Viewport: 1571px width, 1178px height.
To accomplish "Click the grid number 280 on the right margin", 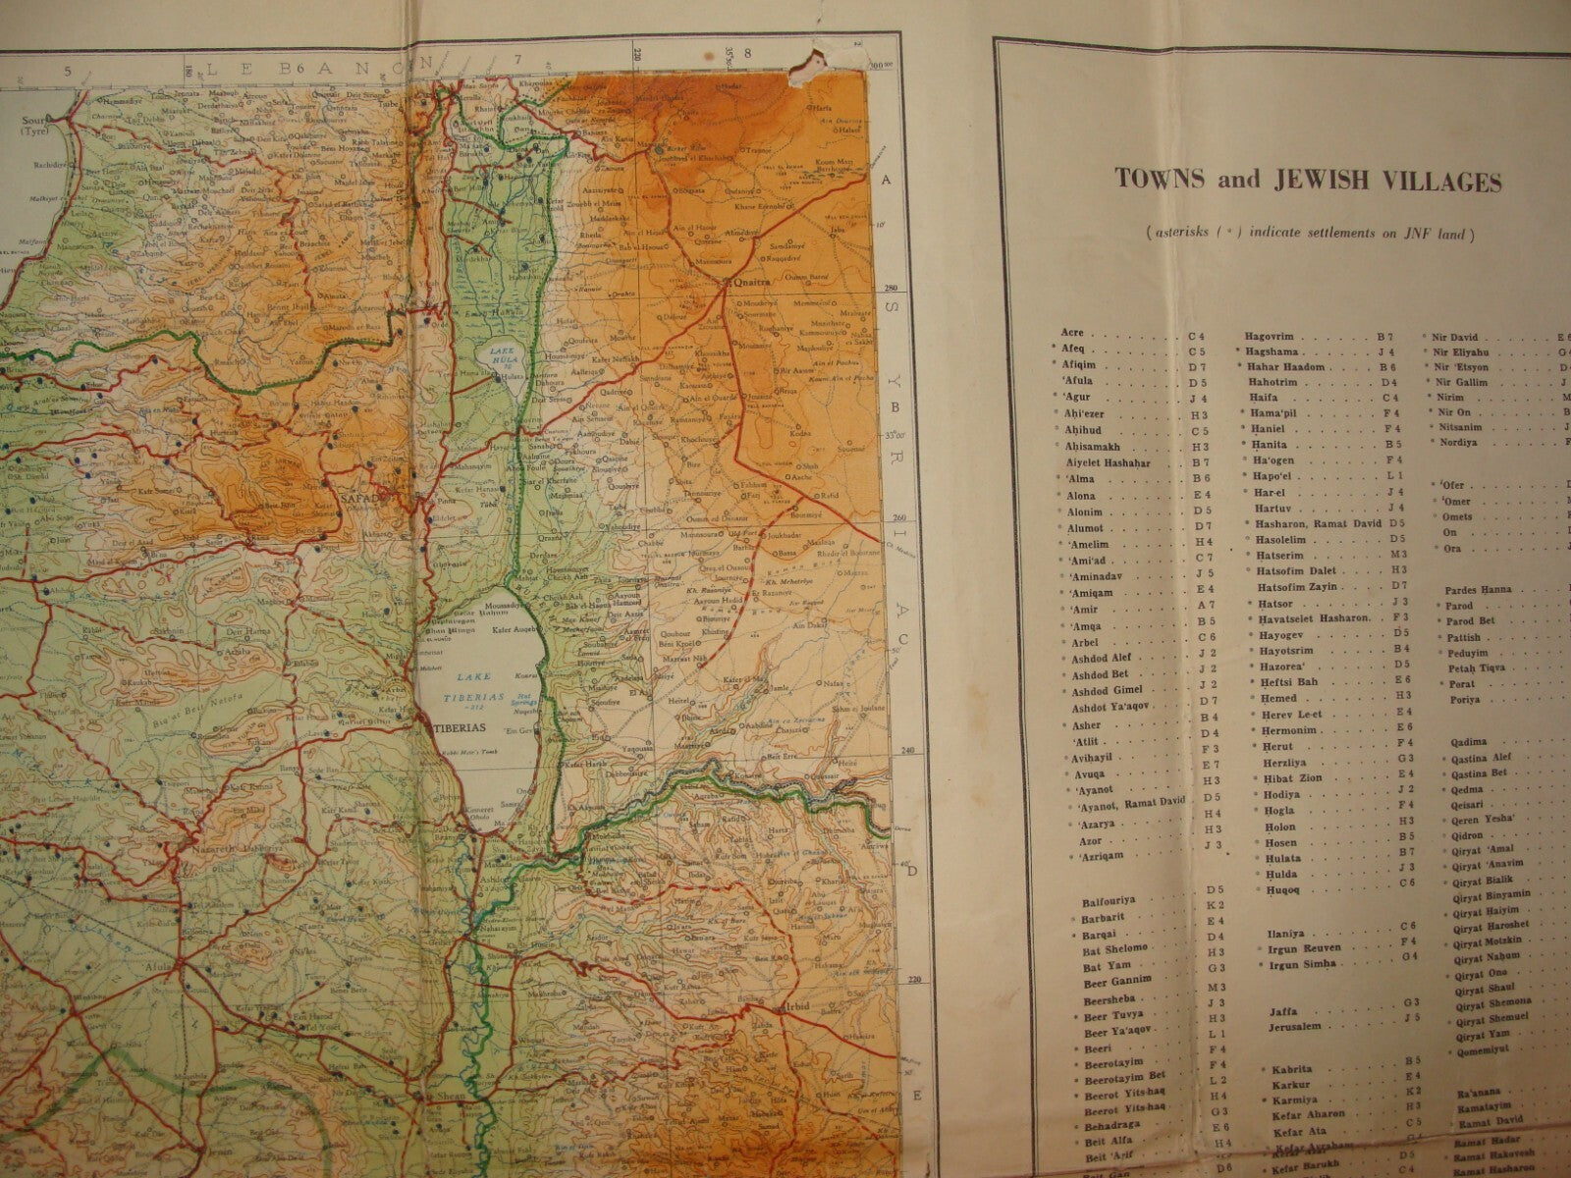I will click(x=892, y=289).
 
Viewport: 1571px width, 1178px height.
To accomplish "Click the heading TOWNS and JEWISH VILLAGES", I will click(x=1307, y=181).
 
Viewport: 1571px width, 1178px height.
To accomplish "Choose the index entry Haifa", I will click(x=1264, y=397).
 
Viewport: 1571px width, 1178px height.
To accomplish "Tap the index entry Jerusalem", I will click(x=1284, y=1027).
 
